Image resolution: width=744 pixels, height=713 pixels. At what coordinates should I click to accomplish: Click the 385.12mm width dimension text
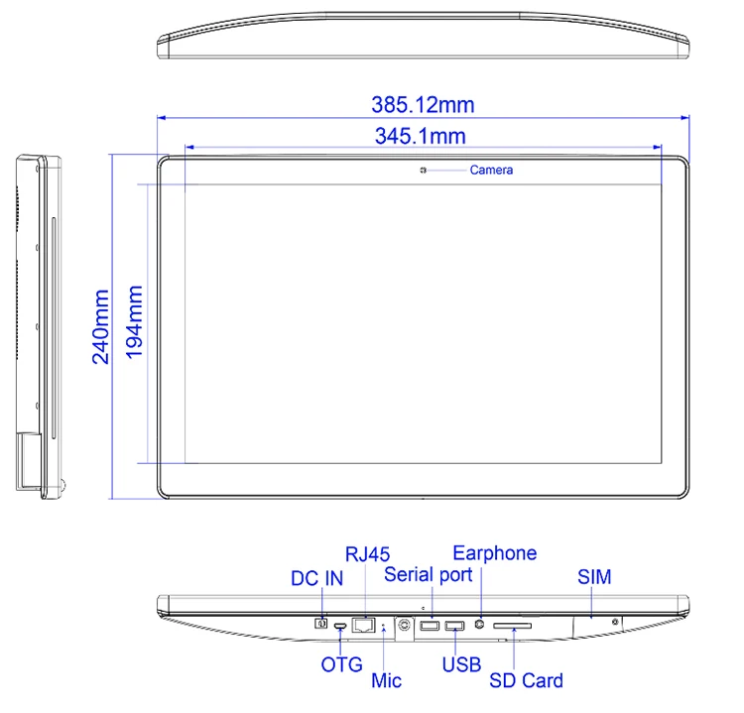tap(422, 104)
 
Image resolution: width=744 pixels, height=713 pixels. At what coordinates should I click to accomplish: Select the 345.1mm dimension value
tap(420, 137)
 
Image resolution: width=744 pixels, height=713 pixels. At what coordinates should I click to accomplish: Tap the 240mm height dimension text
tap(102, 327)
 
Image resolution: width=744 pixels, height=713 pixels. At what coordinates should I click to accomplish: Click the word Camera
tap(491, 171)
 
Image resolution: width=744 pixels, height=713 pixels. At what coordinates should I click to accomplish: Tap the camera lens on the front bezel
tap(423, 171)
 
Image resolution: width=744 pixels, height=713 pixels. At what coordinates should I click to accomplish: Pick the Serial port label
tap(428, 574)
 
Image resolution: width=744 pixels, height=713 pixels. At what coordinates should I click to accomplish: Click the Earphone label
tap(494, 553)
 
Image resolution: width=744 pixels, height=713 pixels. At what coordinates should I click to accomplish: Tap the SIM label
tap(594, 577)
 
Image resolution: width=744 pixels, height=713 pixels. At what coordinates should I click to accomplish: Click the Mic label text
tap(386, 680)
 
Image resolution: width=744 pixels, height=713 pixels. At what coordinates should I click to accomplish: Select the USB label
tap(461, 664)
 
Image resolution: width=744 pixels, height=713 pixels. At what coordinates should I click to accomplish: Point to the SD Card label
tap(526, 680)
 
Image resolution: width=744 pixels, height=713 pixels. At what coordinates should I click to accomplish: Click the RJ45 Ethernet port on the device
tap(363, 625)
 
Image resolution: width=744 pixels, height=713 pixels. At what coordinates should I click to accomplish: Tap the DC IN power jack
tap(320, 624)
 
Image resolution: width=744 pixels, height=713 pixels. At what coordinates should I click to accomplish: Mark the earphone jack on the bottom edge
tap(481, 625)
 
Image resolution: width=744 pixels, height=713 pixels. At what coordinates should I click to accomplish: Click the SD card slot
tap(513, 626)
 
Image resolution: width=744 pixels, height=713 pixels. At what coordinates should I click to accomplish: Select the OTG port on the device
tap(340, 626)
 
